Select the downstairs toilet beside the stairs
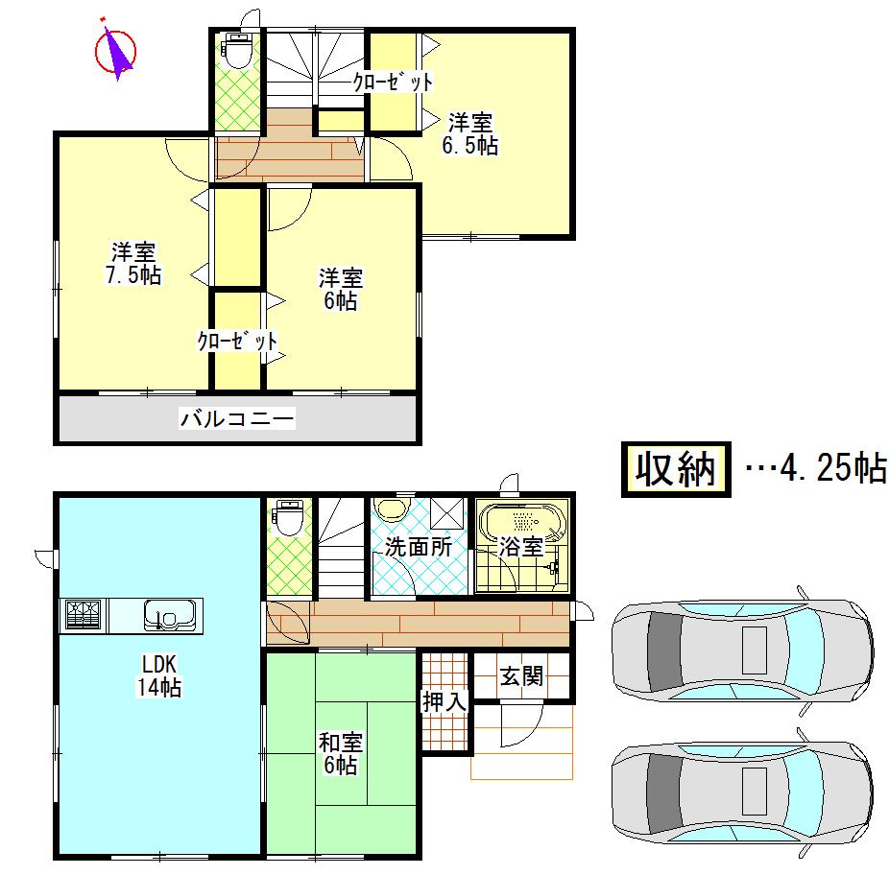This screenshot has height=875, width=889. click(x=287, y=518)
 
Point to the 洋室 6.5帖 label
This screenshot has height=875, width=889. click(x=470, y=134)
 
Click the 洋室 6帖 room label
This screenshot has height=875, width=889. click(x=340, y=289)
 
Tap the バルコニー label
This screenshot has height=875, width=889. click(x=236, y=418)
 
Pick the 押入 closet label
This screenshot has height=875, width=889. click(x=444, y=701)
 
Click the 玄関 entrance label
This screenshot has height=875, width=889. click(x=521, y=675)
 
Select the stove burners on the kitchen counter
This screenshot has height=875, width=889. click(x=84, y=614)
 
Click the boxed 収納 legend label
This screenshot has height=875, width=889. click(x=675, y=469)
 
